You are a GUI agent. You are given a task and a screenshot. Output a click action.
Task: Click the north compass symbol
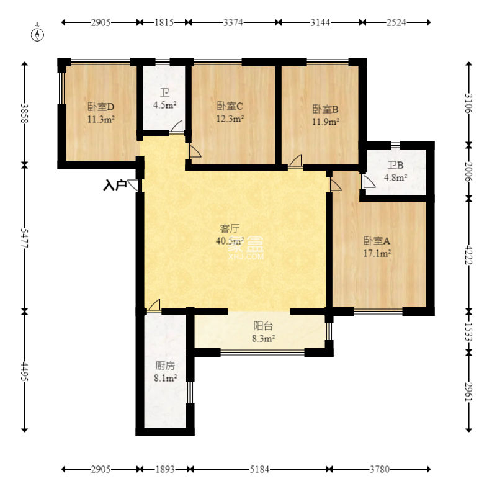click(x=37, y=34)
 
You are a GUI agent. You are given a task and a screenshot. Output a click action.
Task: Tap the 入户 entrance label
click(x=115, y=185)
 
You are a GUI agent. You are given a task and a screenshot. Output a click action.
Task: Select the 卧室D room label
click(x=101, y=107)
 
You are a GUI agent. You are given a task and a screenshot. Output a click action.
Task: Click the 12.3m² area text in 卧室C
click(x=230, y=119)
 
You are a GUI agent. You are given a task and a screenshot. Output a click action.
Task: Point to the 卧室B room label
click(x=325, y=109)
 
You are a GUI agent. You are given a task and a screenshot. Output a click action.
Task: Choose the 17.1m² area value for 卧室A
click(x=377, y=253)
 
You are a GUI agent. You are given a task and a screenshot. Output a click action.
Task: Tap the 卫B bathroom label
click(x=395, y=165)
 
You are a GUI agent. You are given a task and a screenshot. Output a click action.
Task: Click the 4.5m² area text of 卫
click(x=164, y=105)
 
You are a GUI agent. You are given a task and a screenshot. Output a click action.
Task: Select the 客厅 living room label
click(x=230, y=228)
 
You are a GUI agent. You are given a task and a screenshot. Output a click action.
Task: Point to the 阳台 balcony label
click(x=263, y=326)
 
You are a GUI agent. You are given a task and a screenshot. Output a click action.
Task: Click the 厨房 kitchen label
click(x=165, y=366)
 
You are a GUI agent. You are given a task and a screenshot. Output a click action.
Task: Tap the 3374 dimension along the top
click(x=233, y=22)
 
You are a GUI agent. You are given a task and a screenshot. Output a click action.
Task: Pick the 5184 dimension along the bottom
click(x=259, y=469)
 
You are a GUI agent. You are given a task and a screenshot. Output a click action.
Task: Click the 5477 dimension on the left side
click(x=25, y=238)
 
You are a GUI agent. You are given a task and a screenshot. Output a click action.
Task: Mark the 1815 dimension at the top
click(x=164, y=22)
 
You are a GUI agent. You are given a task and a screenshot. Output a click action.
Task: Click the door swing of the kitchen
click(x=154, y=305)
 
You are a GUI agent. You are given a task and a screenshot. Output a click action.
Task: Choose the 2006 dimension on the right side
click(x=468, y=172)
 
